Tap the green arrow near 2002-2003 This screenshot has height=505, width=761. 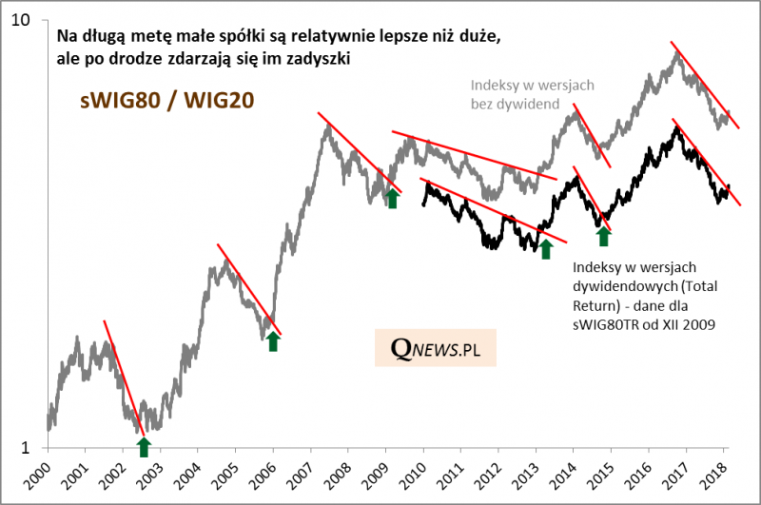[144, 446]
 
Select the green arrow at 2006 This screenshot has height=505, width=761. [273, 340]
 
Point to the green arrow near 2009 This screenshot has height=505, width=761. [392, 197]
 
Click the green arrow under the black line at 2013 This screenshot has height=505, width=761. [546, 248]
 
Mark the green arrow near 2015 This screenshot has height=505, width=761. [603, 235]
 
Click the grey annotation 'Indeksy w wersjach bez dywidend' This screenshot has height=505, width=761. [533, 93]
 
